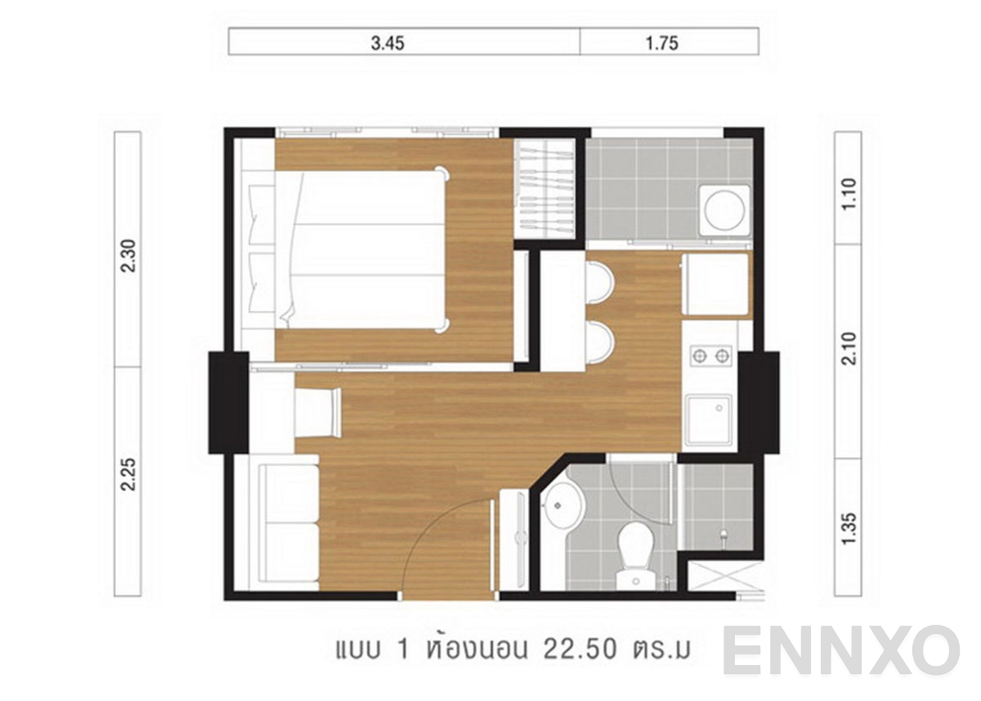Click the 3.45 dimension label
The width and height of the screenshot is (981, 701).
pyautogui.click(x=387, y=44)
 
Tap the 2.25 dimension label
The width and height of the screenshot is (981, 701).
pyautogui.click(x=128, y=474)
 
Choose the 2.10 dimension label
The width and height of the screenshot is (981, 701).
pyautogui.click(x=849, y=348)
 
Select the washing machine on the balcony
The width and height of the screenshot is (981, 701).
pyautogui.click(x=724, y=209)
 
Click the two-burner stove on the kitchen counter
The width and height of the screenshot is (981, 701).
pyautogui.click(x=710, y=356)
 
